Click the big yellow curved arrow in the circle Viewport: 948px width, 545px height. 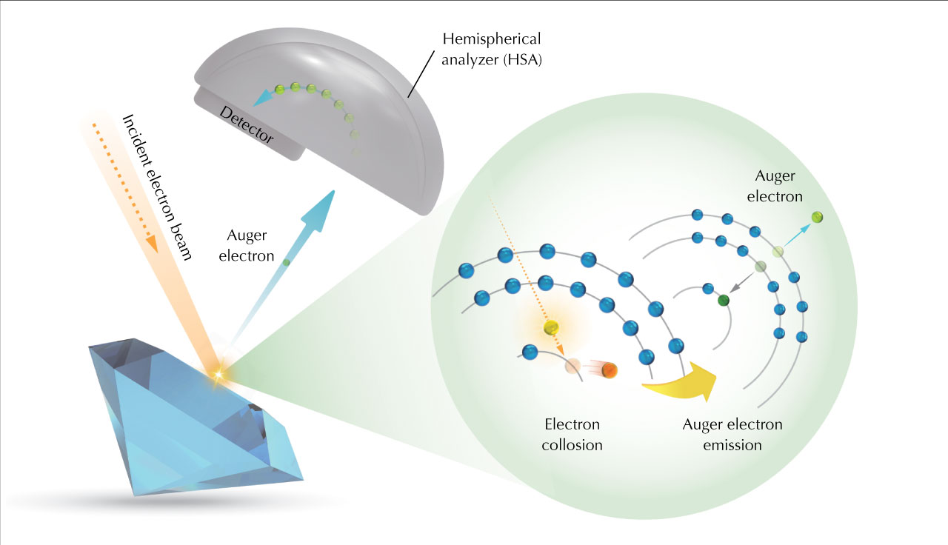click(685, 378)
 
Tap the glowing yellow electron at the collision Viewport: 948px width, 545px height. click(550, 327)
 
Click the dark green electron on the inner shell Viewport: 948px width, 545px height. click(724, 300)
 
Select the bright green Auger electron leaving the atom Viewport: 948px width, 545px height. click(817, 217)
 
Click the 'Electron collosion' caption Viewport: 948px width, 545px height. click(572, 435)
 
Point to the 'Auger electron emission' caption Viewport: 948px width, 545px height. click(732, 435)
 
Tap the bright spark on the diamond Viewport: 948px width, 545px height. click(218, 375)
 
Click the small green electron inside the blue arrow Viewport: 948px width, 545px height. click(287, 261)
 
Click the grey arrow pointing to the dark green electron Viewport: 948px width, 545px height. click(743, 282)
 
